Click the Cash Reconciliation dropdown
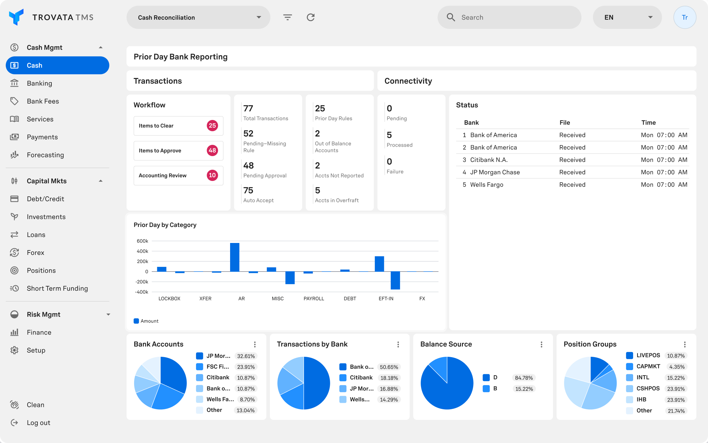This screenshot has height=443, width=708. pyautogui.click(x=198, y=17)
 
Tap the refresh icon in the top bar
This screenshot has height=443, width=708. pyautogui.click(x=310, y=17)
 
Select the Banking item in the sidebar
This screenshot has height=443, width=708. pyautogui.click(x=39, y=83)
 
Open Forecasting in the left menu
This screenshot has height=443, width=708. pyautogui.click(x=45, y=155)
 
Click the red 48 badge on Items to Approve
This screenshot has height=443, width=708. pyautogui.click(x=212, y=151)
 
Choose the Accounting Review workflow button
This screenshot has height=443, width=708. pyautogui.click(x=178, y=175)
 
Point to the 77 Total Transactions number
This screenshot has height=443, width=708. pyautogui.click(x=248, y=108)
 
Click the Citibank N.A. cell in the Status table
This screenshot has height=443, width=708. pyautogui.click(x=489, y=160)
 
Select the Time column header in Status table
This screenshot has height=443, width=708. pyautogui.click(x=648, y=123)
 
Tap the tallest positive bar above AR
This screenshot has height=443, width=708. pyautogui.click(x=235, y=257)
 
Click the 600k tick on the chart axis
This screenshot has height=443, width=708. pyautogui.click(x=142, y=241)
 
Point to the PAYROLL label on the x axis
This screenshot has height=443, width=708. pyautogui.click(x=313, y=299)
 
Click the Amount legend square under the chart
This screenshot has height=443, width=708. pyautogui.click(x=136, y=321)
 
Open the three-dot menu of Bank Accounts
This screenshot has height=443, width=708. pyautogui.click(x=255, y=345)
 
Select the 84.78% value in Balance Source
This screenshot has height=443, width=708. pyautogui.click(x=524, y=378)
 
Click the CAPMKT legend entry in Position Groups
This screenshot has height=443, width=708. pyautogui.click(x=648, y=366)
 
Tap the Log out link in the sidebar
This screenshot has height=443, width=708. pyautogui.click(x=38, y=423)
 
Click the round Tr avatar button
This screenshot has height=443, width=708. pyautogui.click(x=685, y=17)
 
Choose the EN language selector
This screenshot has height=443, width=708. pyautogui.click(x=627, y=17)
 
